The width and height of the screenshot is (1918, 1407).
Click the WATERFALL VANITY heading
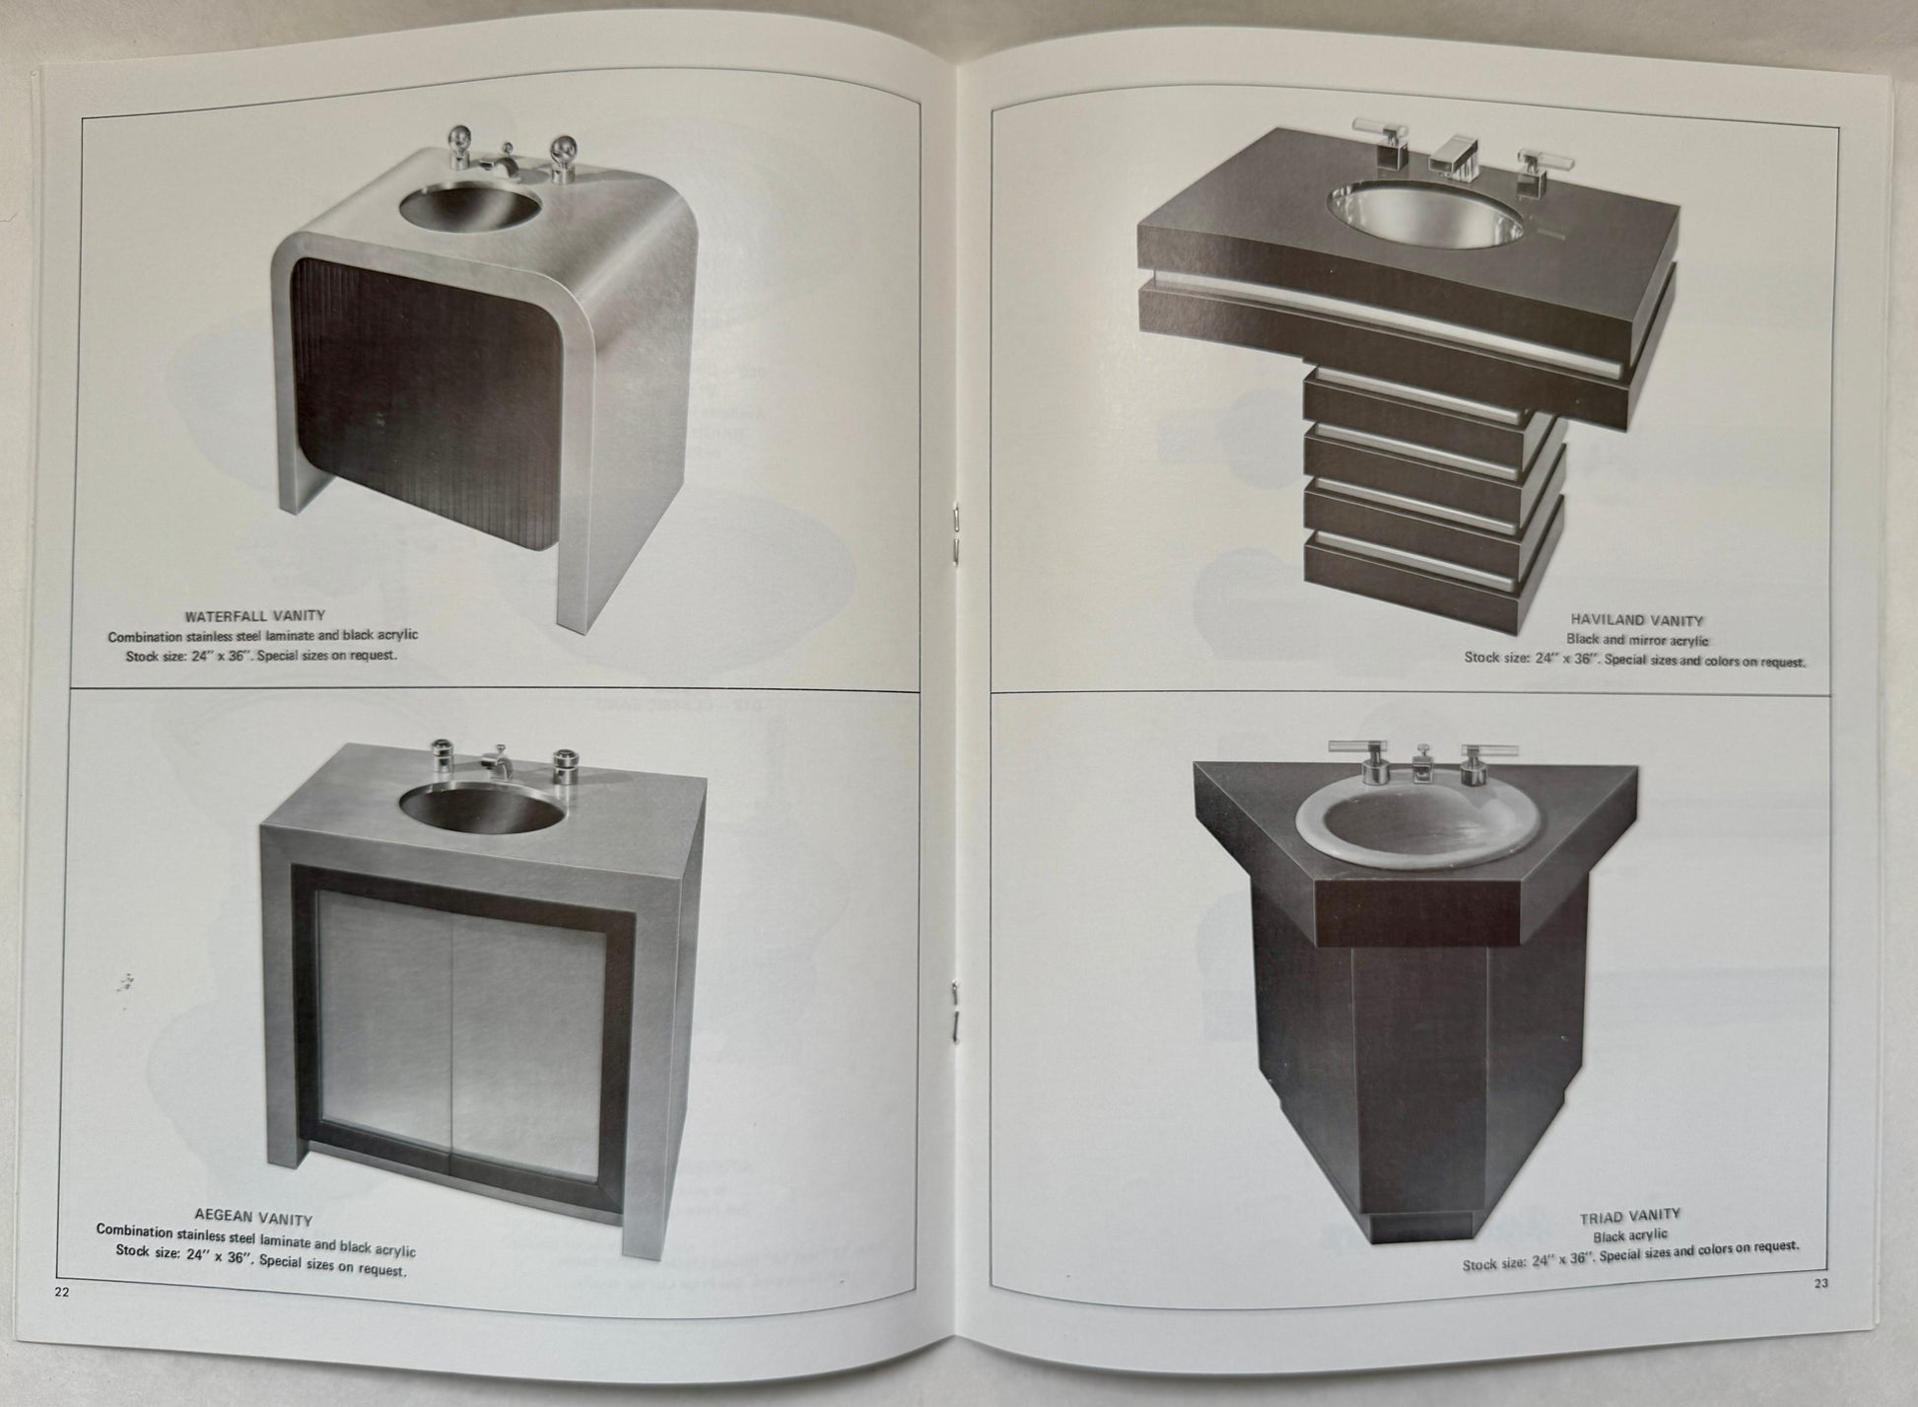[x=254, y=616]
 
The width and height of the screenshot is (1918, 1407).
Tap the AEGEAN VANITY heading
[x=253, y=1218]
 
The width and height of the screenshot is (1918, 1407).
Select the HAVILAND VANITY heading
[x=1636, y=621]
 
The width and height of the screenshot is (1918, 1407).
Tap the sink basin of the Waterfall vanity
[x=470, y=208]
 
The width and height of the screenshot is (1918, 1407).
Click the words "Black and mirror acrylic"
[x=1637, y=640]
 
